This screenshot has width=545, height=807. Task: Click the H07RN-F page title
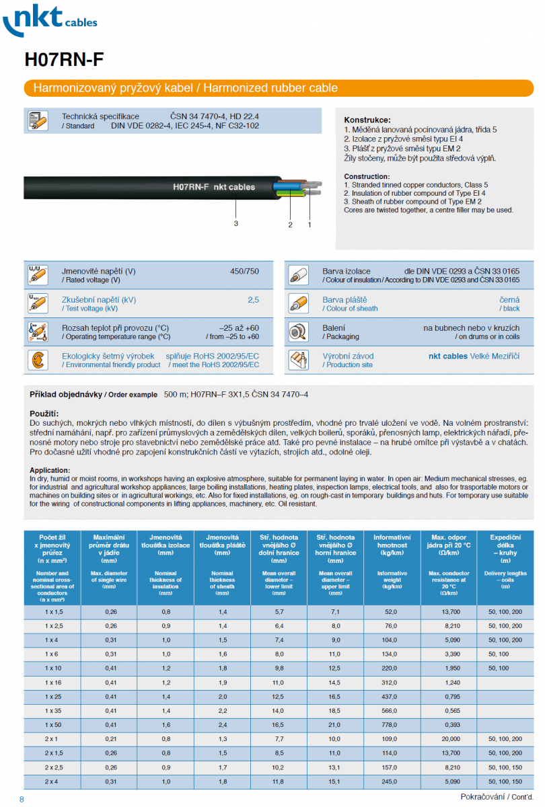coord(64,60)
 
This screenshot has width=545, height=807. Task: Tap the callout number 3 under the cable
coord(236,224)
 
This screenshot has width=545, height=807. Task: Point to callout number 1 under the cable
coord(310,225)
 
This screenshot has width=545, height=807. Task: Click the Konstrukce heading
coord(367,120)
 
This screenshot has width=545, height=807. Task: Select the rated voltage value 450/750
coord(244,271)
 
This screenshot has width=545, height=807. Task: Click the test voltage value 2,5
coord(252,300)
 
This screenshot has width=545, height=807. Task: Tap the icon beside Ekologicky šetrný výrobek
coord(38,360)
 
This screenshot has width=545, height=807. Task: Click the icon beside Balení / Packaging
coord(298,332)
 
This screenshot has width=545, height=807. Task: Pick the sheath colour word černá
coord(509,300)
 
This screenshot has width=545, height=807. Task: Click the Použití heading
coord(44,413)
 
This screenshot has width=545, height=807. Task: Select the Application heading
coord(50,470)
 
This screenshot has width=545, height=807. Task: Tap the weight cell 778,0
coord(392,725)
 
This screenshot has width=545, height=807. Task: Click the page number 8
coord(22,799)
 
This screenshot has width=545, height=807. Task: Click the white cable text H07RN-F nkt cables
coord(214,187)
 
